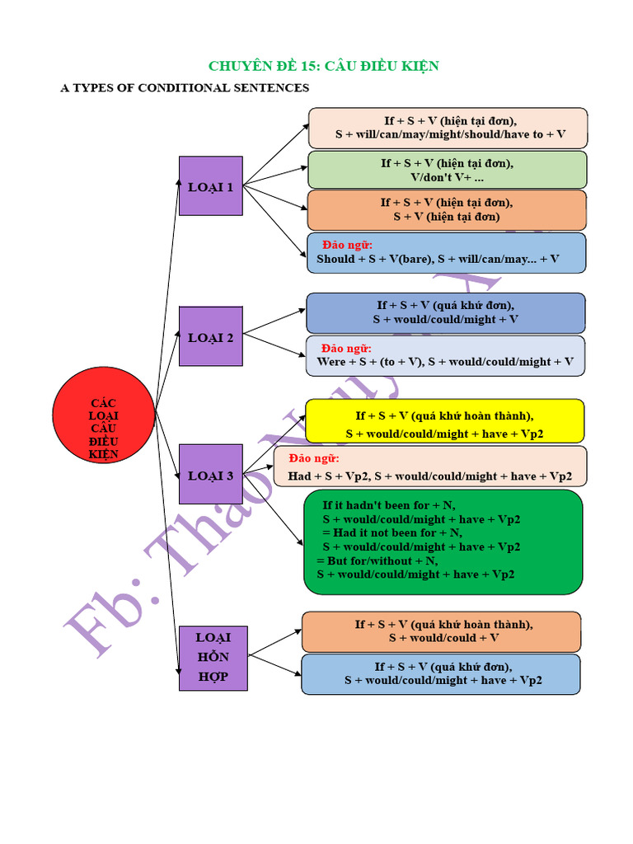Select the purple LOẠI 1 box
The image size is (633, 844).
211,186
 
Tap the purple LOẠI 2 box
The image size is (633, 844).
211,336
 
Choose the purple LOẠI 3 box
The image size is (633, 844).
211,475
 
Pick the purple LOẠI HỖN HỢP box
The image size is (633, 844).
213,657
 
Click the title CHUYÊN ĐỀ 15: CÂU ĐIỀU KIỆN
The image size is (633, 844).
323,66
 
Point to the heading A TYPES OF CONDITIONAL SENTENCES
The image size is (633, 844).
185,87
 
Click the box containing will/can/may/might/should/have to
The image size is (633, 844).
448,128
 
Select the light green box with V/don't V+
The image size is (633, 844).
447,170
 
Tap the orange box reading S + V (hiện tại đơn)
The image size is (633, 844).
447,210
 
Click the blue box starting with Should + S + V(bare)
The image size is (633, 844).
446,252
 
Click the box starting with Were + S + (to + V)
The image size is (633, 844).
445,355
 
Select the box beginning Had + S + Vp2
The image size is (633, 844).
430,467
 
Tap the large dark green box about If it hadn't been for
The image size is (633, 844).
443,541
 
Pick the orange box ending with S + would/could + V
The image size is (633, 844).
441,631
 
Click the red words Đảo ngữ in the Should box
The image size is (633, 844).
347,245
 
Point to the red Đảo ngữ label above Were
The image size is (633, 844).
346,348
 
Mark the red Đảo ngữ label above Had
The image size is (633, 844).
314,458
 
